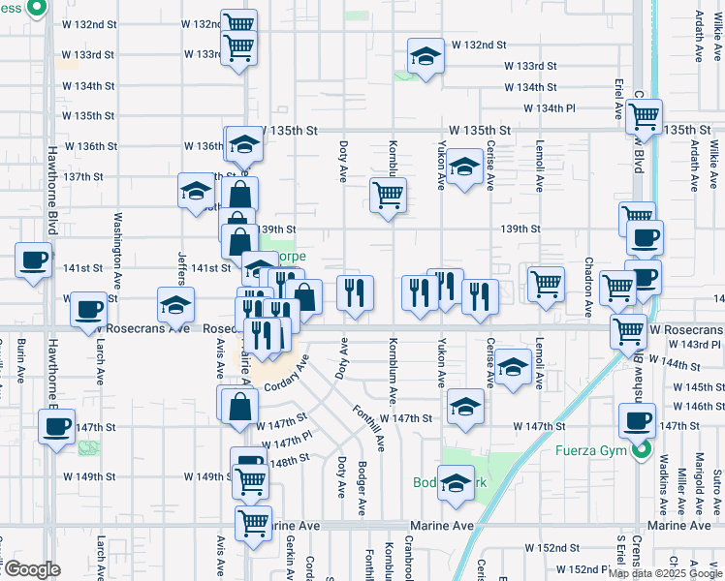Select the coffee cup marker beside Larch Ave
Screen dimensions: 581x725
89,309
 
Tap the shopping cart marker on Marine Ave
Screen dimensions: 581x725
253,524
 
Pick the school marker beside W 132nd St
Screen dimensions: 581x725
426,57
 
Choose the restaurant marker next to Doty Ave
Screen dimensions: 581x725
355,291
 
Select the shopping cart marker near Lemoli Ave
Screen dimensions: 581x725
546,284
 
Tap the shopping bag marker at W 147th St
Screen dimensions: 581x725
238,407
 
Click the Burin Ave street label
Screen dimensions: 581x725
20,360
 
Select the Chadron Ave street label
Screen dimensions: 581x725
588,287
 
